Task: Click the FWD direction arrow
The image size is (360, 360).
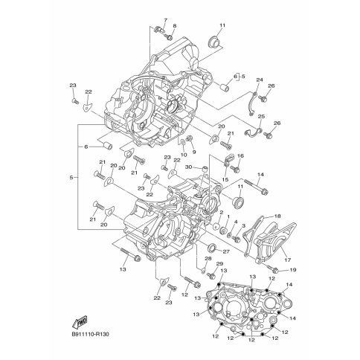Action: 80,322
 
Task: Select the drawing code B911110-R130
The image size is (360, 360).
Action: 91,335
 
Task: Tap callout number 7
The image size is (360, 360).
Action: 166,20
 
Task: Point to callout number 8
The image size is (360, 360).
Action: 175,26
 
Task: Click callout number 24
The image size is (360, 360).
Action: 260,80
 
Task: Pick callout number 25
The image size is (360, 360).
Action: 261,117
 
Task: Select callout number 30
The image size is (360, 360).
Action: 189,167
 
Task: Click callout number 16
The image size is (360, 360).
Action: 240,156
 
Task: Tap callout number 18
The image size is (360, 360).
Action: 277,216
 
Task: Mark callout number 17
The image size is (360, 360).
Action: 288,260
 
